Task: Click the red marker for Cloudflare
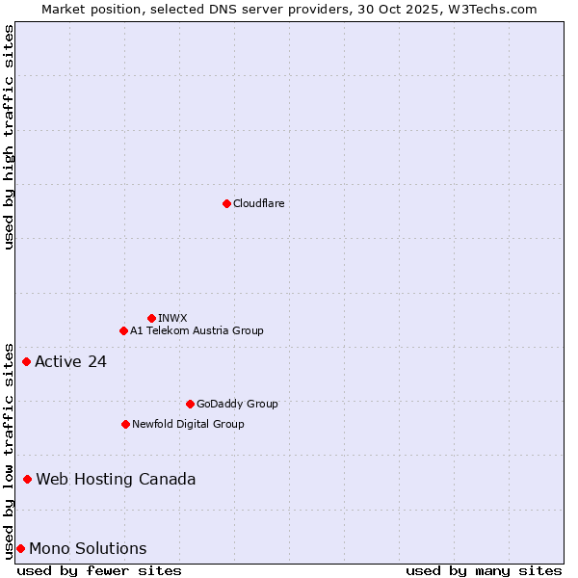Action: tap(226, 203)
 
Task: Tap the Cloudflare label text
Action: tap(259, 203)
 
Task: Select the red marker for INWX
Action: tap(151, 318)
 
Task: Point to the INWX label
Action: tap(172, 318)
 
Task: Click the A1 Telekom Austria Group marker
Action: tap(123, 330)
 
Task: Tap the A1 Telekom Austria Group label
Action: tap(197, 330)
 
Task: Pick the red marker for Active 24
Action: tap(27, 361)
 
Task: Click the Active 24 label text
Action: tap(70, 362)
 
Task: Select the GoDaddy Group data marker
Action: tap(190, 404)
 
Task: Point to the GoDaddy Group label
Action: tap(237, 404)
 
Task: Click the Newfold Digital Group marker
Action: tap(125, 424)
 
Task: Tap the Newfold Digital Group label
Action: tap(188, 424)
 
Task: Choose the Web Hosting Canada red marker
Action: tap(28, 479)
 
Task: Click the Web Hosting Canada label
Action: tap(116, 480)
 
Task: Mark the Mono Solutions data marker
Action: tap(20, 548)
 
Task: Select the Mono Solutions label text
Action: tap(88, 549)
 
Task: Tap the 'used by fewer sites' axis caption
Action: tap(99, 570)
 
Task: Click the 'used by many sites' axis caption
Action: tap(484, 570)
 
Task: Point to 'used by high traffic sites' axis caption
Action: tap(9, 138)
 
